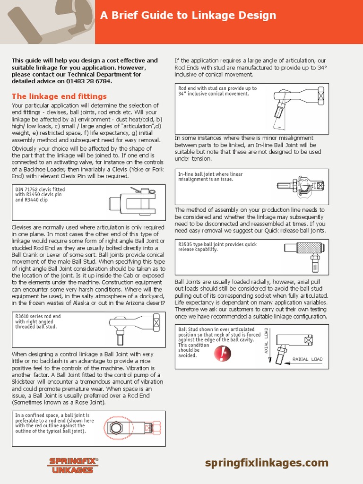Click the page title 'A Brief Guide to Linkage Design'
point(188,16)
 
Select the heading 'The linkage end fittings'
point(59,96)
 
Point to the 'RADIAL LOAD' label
point(307,359)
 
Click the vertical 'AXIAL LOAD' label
point(267,341)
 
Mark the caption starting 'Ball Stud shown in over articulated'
point(216,329)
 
